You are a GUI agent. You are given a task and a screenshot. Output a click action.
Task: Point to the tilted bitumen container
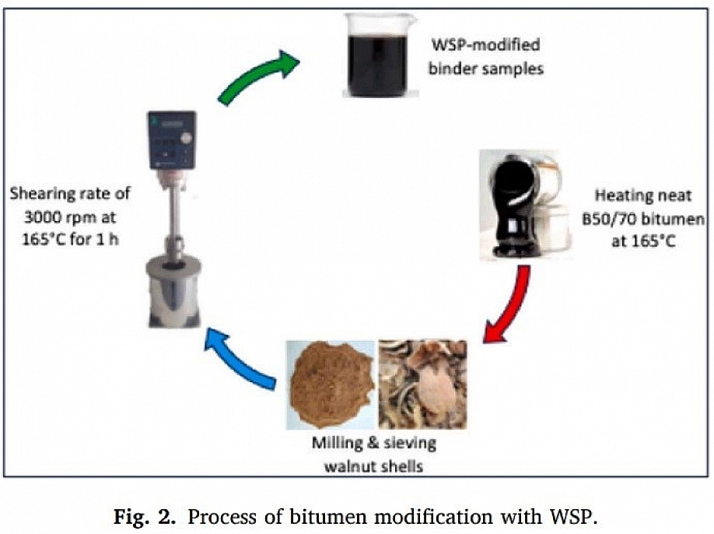(514, 207)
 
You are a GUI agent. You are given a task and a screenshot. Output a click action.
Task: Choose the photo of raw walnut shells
(422, 385)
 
